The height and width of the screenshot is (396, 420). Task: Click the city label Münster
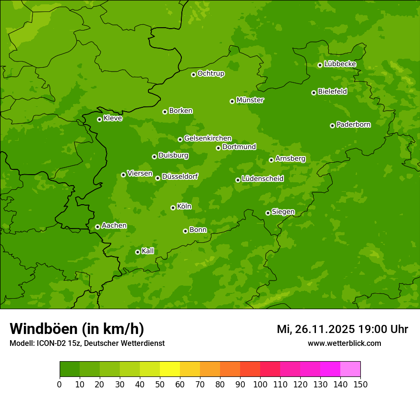point(250,100)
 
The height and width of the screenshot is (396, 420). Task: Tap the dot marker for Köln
point(173,208)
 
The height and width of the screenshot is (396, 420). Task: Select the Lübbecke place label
point(340,64)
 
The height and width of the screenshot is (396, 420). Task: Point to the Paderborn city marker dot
point(332,125)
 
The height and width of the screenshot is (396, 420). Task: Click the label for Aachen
point(114,226)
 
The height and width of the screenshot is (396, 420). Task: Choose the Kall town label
point(148,251)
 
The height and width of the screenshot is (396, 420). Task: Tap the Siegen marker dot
point(268,213)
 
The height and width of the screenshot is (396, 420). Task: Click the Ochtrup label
point(210,73)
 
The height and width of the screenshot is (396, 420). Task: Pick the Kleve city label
point(113,118)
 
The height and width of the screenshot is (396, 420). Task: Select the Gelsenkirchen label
point(208,138)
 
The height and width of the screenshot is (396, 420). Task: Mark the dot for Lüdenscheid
point(238,180)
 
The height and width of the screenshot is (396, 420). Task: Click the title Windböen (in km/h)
point(77,329)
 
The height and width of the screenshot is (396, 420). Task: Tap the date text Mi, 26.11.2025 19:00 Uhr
point(342,329)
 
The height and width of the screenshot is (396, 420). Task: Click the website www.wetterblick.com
point(344,343)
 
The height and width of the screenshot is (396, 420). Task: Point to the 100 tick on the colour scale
point(260,384)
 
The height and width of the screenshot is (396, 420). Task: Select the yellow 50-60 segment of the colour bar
point(170,369)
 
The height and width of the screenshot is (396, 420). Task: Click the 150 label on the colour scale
point(360,384)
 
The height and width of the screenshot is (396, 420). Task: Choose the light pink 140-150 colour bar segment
point(350,369)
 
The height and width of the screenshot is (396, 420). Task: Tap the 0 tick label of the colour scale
point(60,384)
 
